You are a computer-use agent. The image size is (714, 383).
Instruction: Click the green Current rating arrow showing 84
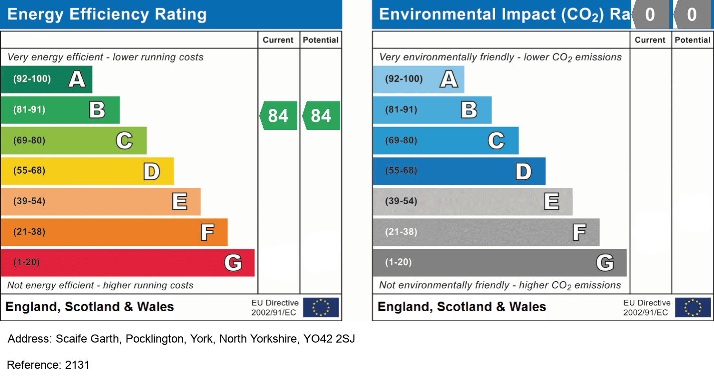click(x=279, y=116)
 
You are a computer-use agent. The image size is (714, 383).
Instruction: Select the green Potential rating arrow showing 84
click(x=322, y=116)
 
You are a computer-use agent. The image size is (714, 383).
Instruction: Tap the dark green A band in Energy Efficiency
click(x=46, y=79)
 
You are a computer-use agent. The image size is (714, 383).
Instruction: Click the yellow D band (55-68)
click(x=87, y=171)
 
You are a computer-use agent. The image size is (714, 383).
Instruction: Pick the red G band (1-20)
click(x=127, y=263)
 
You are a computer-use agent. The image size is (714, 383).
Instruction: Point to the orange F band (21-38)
click(x=114, y=232)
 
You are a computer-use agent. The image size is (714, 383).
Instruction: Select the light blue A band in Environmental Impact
click(x=418, y=79)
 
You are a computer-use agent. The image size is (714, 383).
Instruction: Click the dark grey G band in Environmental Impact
click(x=499, y=263)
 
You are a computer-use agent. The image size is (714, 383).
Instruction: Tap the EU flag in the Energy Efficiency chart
click(x=321, y=307)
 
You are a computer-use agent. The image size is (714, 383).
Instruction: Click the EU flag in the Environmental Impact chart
click(x=693, y=307)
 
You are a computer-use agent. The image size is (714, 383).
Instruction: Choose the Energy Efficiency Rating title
click(x=107, y=14)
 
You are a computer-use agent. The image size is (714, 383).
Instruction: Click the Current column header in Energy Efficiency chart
click(x=278, y=40)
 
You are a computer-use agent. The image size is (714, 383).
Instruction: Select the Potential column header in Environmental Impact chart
click(x=693, y=40)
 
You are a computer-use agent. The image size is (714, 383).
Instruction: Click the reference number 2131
click(x=77, y=365)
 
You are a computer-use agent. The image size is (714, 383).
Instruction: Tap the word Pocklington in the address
click(x=155, y=339)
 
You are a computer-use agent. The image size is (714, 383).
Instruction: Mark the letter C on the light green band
click(x=124, y=140)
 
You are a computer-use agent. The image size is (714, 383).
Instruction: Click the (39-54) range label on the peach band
click(x=29, y=201)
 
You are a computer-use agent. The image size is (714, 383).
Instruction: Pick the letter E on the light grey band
click(x=551, y=202)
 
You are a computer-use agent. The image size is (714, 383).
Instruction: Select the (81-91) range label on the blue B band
click(x=401, y=110)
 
